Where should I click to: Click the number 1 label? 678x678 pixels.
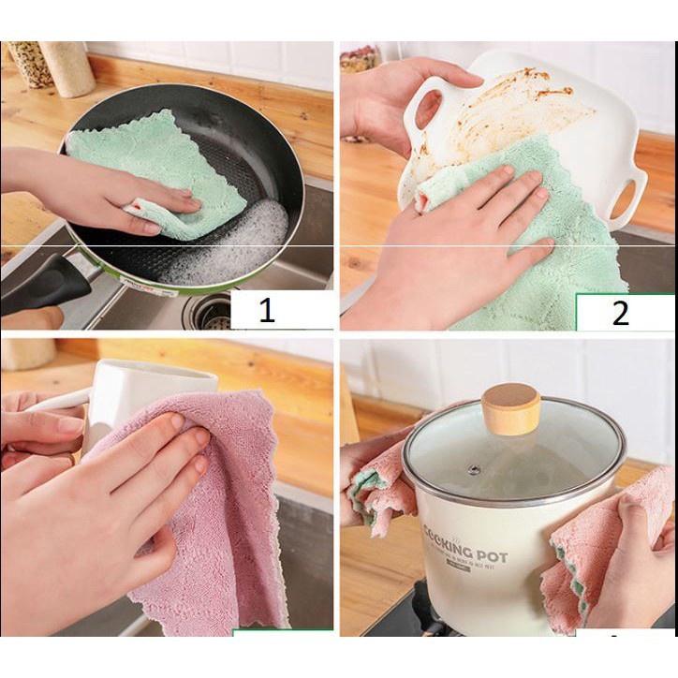tap(267, 310)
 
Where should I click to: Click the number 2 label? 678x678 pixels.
tap(620, 313)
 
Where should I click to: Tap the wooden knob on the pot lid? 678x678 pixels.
tap(510, 409)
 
